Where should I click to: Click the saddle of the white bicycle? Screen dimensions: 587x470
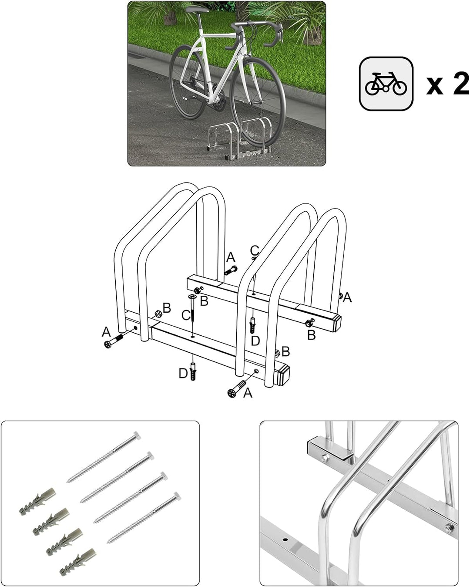click(197, 10)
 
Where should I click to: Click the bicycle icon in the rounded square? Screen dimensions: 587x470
click(386, 84)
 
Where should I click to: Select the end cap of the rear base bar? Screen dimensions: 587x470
click(336, 323)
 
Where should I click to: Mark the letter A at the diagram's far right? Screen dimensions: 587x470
click(347, 298)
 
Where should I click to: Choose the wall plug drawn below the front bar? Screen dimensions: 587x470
click(193, 371)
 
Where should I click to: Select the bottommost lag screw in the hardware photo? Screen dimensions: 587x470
click(144, 518)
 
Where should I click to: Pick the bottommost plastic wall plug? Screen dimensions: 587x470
click(78, 562)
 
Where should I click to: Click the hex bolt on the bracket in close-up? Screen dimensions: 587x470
click(324, 458)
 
